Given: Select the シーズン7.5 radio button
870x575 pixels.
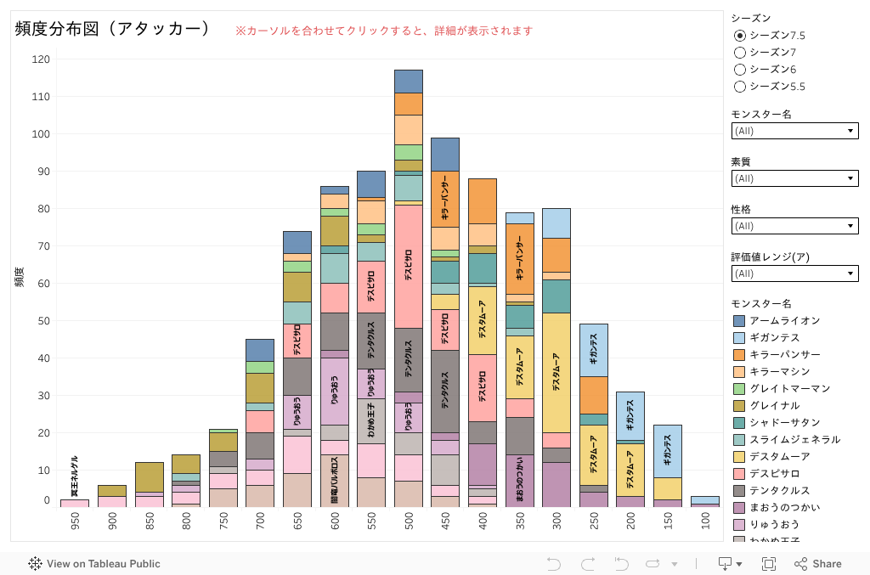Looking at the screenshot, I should [x=740, y=36].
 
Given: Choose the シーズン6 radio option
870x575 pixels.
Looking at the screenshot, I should [x=740, y=70].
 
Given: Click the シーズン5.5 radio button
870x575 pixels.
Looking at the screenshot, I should [x=740, y=87].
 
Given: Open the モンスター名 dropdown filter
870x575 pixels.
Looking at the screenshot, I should [x=794, y=131].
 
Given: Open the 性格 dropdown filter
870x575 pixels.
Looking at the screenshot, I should [x=794, y=226].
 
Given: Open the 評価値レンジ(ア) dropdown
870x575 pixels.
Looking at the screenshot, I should [x=794, y=273].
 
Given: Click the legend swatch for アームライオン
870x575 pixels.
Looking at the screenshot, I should [x=739, y=321].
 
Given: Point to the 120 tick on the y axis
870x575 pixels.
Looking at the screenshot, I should [x=42, y=59].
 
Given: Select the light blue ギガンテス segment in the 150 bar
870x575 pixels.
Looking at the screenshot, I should [x=667, y=451].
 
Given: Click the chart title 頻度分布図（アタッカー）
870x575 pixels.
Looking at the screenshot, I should [x=113, y=29].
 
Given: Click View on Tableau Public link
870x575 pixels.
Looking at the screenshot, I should [x=94, y=564].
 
